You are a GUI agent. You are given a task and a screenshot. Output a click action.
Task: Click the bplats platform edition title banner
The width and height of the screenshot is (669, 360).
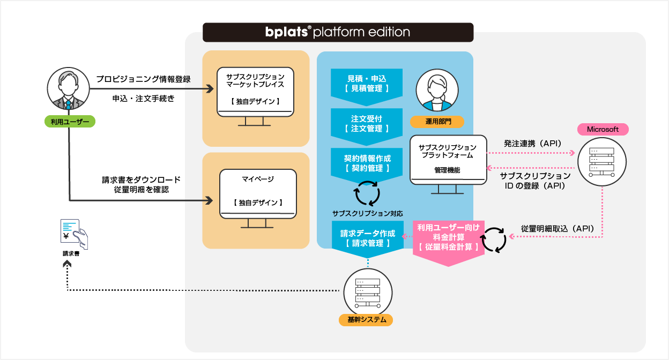[x=338, y=32]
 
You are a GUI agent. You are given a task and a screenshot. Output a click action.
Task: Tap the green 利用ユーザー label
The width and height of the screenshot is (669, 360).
[x=70, y=122]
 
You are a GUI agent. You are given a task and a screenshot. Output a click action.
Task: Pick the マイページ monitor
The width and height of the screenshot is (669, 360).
[x=258, y=196]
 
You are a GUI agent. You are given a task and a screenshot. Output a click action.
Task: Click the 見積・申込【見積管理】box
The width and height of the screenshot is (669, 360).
[x=366, y=84]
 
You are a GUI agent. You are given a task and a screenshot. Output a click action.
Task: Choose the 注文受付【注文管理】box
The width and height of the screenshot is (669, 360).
[x=366, y=124]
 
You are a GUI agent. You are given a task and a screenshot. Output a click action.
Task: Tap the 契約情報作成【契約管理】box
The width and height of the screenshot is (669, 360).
[x=366, y=163]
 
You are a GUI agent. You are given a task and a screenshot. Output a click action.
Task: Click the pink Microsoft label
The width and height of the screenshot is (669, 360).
[x=603, y=130]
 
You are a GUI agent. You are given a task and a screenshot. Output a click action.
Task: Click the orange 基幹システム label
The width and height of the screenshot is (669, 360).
[x=366, y=320]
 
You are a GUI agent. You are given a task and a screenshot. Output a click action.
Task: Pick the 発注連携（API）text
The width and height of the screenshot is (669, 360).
[x=532, y=144]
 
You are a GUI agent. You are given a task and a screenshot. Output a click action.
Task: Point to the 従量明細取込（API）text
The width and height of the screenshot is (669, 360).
[x=557, y=228]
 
